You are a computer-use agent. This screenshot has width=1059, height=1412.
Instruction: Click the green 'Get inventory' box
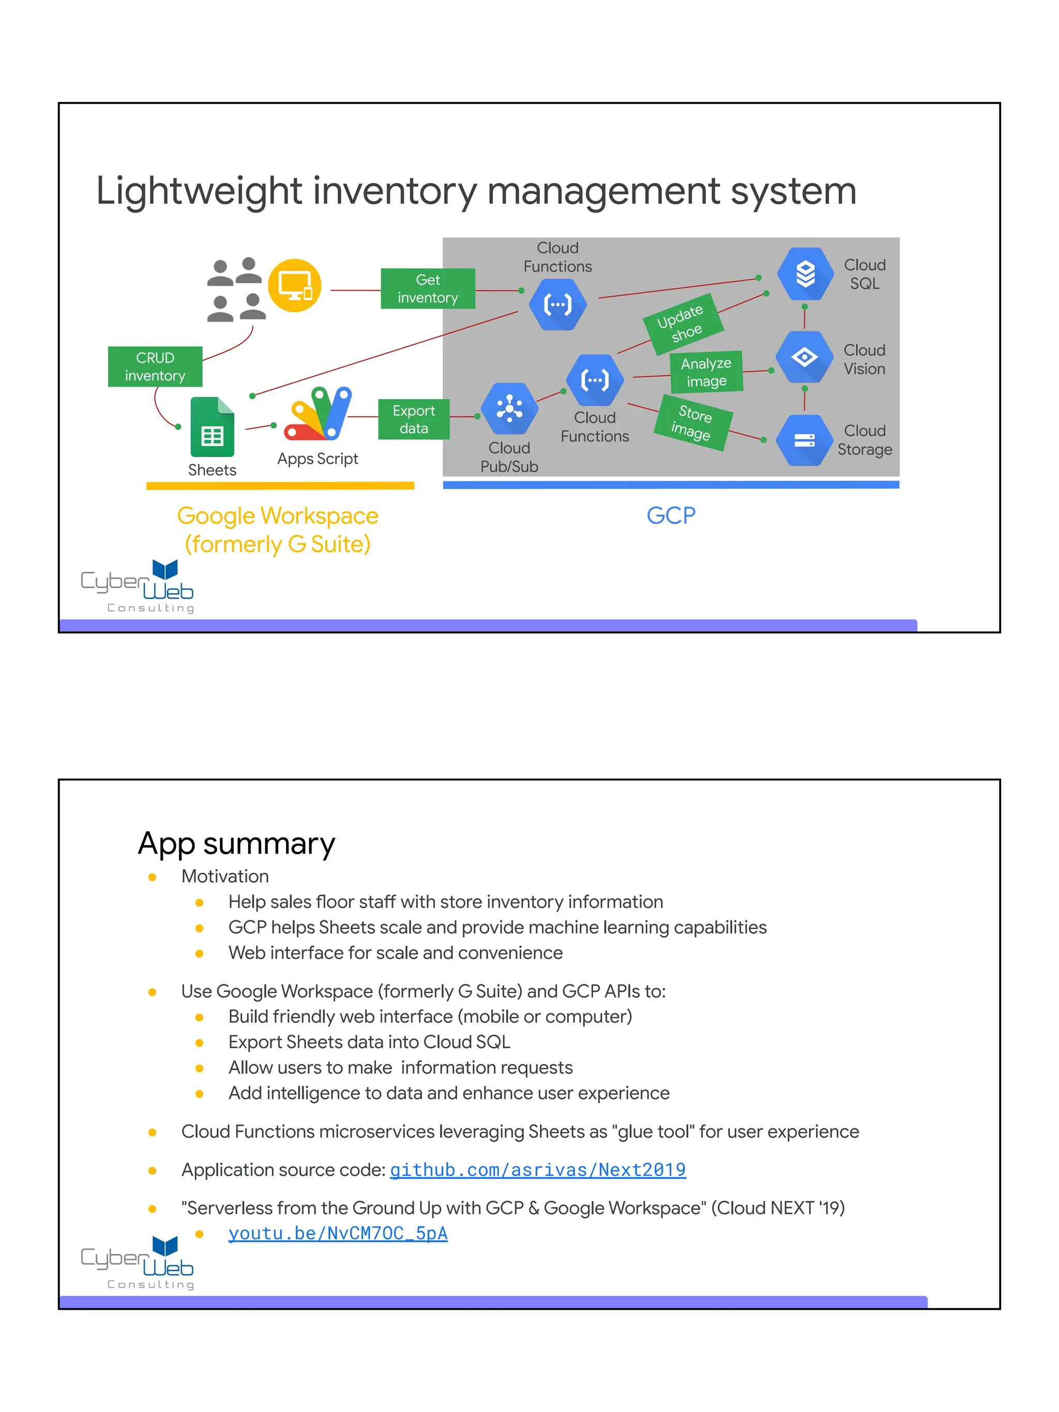click(x=428, y=289)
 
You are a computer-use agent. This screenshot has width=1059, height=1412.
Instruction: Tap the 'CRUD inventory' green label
click(x=155, y=367)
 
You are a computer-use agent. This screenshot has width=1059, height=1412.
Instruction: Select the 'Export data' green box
click(x=414, y=419)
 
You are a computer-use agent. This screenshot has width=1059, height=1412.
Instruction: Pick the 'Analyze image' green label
click(x=706, y=372)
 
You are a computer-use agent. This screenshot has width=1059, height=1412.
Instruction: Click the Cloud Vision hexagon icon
click(x=804, y=357)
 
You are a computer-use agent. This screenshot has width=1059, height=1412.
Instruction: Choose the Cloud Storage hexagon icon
click(x=804, y=441)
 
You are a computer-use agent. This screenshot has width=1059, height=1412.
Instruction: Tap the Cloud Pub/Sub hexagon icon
click(x=509, y=408)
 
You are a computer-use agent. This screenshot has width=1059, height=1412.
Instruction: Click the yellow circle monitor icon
click(x=294, y=285)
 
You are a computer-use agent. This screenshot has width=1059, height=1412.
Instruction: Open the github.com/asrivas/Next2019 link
click(x=537, y=1170)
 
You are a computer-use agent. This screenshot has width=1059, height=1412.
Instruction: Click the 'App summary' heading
click(x=236, y=844)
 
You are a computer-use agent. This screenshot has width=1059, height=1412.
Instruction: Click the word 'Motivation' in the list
click(x=225, y=876)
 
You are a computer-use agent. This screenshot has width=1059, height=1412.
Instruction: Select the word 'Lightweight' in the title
click(x=199, y=191)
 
